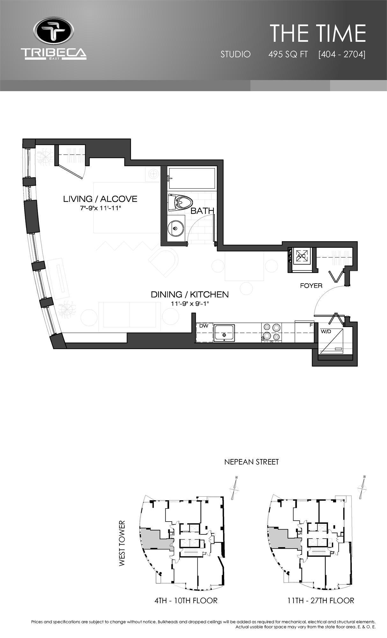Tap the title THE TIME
pyautogui.click(x=318, y=33)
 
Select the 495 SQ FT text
pyautogui.click(x=288, y=55)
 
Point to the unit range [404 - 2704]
pyautogui.click(x=342, y=55)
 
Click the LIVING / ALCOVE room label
pyautogui.click(x=100, y=199)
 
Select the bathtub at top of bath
pyautogui.click(x=192, y=179)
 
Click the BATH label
pyautogui.click(x=202, y=211)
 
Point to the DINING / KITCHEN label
pyautogui.click(x=190, y=294)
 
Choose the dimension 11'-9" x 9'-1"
pyautogui.click(x=190, y=304)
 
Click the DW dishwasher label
pyautogui.click(x=204, y=326)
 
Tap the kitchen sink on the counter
pyautogui.click(x=224, y=333)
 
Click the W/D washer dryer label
pyautogui.click(x=326, y=331)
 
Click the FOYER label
pyautogui.click(x=311, y=286)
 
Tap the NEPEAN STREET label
pyautogui.click(x=251, y=462)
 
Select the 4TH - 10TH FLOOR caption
pyautogui.click(x=186, y=601)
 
